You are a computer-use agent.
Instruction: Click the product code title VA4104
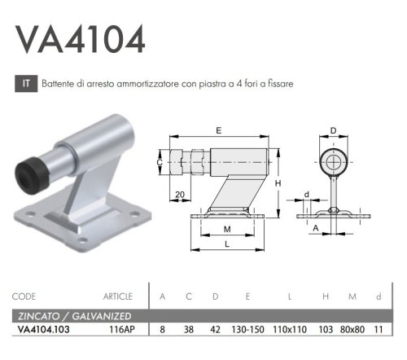click(x=81, y=38)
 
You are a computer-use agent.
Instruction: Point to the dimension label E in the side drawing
click(x=220, y=130)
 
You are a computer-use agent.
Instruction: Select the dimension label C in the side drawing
click(x=160, y=162)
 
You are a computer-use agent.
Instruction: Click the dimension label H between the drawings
click(x=278, y=183)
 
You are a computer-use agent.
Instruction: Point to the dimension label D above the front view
click(x=333, y=130)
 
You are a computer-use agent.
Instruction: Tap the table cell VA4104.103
click(x=45, y=330)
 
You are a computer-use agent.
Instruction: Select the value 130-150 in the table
click(x=247, y=330)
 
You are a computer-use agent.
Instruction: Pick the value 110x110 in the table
click(x=290, y=330)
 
